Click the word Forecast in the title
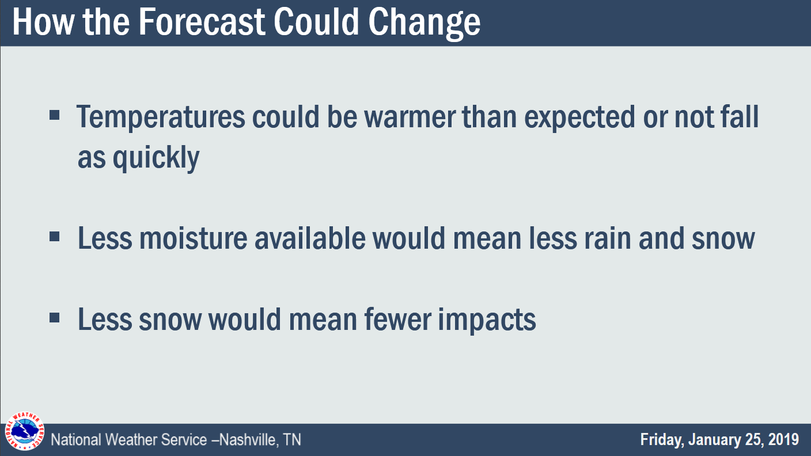pos(202,22)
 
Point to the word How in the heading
pos(43,22)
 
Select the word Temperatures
pos(161,117)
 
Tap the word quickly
pos(156,158)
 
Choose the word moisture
pos(194,238)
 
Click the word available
pos(310,238)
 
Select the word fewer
pos(398,319)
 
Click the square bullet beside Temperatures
pos(54,116)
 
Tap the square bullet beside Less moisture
pos(54,237)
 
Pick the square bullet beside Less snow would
pos(54,318)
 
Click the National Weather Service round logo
pos(24,431)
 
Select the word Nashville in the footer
pos(249,440)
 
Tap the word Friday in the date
pos(662,440)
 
